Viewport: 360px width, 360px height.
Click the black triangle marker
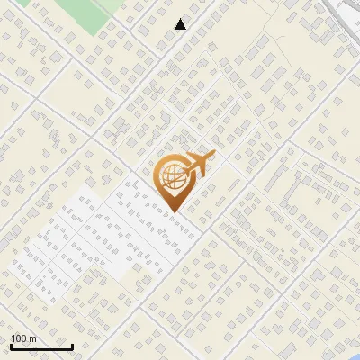pos(180,24)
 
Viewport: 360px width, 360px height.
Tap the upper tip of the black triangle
pos(180,19)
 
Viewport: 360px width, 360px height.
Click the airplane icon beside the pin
pos(200,164)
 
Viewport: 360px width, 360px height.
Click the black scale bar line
pos(41,347)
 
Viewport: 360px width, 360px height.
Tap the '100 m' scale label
pos(23,339)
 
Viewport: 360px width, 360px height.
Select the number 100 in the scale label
pos(19,339)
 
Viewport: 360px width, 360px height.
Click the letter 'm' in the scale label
pos(32,339)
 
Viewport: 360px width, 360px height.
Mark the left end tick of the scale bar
pos(11,346)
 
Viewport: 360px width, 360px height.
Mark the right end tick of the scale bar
pos(72,346)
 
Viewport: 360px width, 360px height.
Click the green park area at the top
pos(90,13)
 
